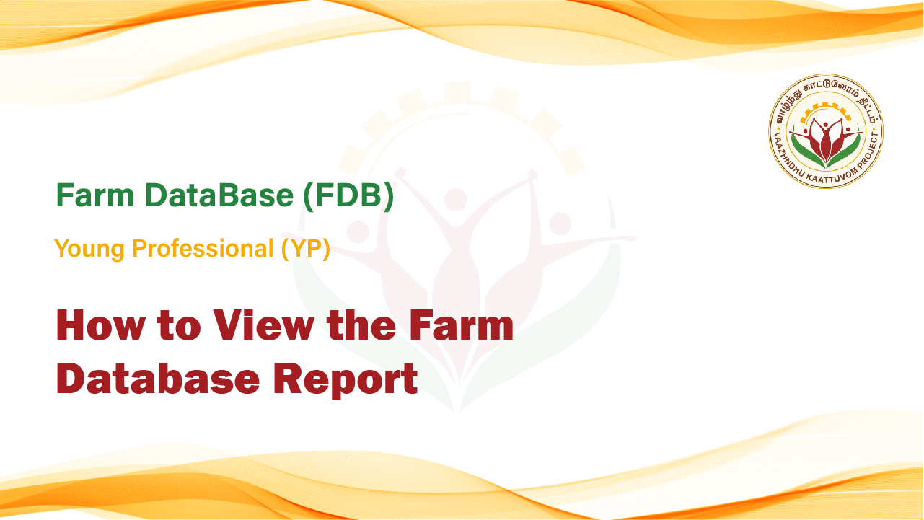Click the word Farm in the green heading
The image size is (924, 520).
click(x=95, y=195)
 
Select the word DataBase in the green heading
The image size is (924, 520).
click(x=219, y=195)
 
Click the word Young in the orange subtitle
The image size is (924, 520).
click(x=89, y=249)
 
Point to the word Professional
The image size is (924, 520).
click(x=203, y=248)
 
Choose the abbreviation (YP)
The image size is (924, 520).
click(x=306, y=249)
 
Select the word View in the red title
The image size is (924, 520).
click(x=263, y=325)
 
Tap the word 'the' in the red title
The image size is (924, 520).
click(x=361, y=325)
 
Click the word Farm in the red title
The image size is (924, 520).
click(x=462, y=325)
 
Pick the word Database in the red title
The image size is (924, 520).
click(x=158, y=378)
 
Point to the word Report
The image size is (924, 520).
click(x=346, y=379)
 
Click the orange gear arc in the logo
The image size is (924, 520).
click(x=825, y=110)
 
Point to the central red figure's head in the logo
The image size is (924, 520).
click(x=825, y=125)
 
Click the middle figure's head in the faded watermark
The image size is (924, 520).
click(x=455, y=200)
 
